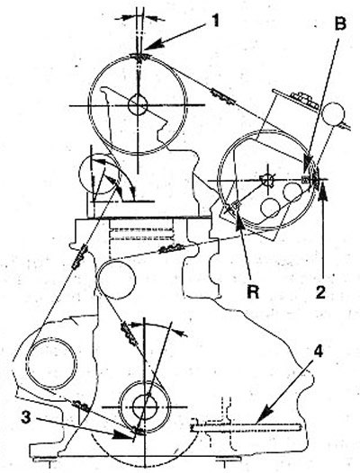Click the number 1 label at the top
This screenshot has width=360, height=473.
215,21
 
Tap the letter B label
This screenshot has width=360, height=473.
340,23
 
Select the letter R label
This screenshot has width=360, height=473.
253,291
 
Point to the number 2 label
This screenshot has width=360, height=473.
320,291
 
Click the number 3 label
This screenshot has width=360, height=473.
26,418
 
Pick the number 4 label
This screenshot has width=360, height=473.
319,352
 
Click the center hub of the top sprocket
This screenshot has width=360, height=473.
138,105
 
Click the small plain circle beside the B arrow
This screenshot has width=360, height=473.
333,113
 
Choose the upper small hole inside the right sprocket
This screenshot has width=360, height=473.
292,192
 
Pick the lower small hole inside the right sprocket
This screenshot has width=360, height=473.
270,208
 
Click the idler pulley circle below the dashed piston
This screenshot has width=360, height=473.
117,280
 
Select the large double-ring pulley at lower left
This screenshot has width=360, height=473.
51,363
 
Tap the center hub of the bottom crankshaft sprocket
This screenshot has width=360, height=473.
145,406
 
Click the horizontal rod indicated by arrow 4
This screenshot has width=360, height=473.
246,426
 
